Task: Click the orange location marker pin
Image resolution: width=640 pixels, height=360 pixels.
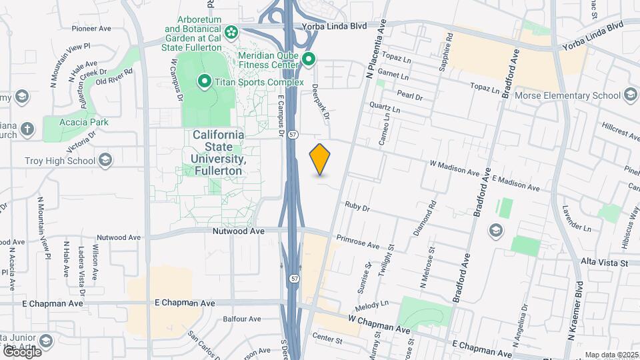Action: pos(320,159)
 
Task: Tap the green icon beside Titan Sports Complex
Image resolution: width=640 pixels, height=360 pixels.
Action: pos(205,82)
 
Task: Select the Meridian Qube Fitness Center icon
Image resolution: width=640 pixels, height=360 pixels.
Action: pos(308,60)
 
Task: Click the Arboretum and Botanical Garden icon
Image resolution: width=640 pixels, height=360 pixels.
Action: pos(231,31)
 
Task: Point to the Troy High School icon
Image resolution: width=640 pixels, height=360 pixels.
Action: pos(105,160)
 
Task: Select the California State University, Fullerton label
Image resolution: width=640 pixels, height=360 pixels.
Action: pos(218,153)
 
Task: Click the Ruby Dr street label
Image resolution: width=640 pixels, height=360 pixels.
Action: pos(357,207)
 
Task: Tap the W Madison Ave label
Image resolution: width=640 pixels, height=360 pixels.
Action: pos(455,167)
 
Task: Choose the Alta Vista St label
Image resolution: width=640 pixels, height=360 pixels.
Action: pos(605,263)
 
